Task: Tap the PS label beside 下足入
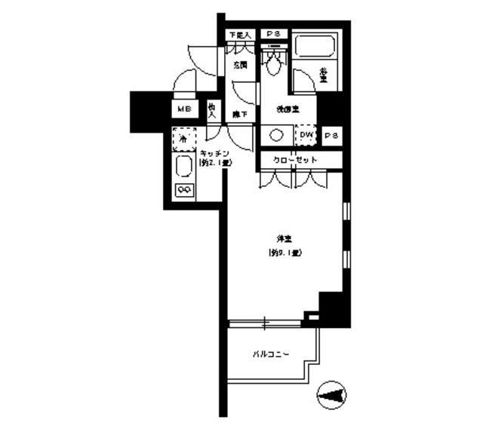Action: [x=272, y=35]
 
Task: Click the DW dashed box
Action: [x=305, y=135]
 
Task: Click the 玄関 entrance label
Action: [x=241, y=65]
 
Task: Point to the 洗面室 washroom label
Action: [x=284, y=109]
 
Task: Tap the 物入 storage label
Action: [x=213, y=111]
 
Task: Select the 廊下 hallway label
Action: [x=238, y=114]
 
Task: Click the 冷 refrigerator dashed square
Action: [x=183, y=139]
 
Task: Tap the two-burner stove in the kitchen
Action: [x=183, y=188]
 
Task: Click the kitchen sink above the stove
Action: [x=183, y=167]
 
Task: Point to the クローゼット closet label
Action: [x=295, y=161]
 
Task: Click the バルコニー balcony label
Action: [x=269, y=354]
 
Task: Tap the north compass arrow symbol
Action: [x=333, y=394]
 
